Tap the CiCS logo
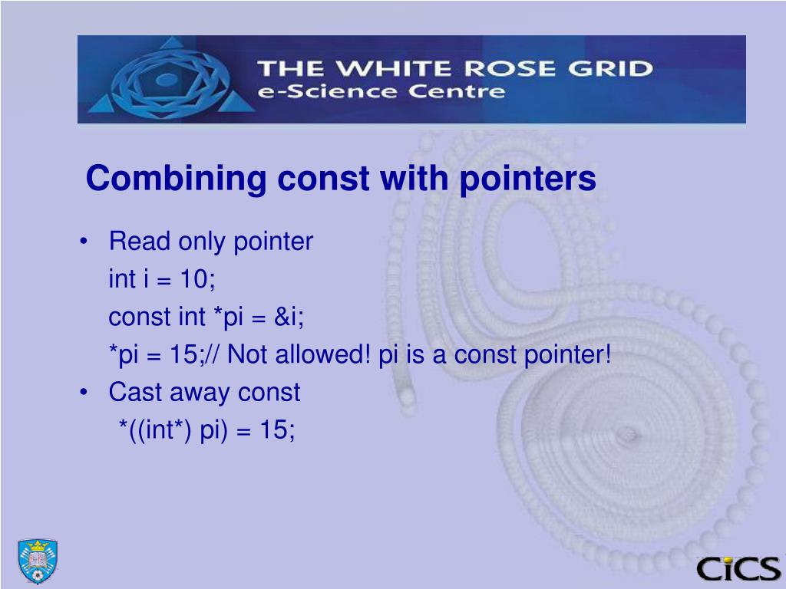click(x=738, y=568)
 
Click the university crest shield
click(x=38, y=561)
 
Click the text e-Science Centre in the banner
click(x=381, y=93)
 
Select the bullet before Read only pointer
click(x=83, y=242)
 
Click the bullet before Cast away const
click(x=83, y=393)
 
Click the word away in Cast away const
click(x=197, y=393)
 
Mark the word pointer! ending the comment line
click(x=568, y=355)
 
